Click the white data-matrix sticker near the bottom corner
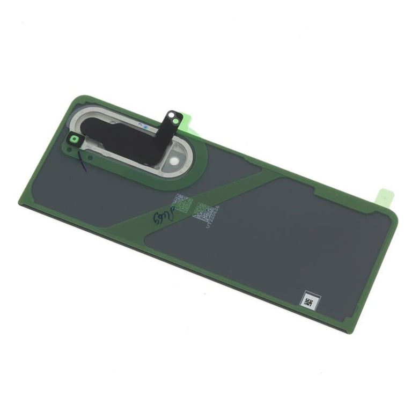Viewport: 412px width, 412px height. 310,300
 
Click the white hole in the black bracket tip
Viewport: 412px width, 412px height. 171,115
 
